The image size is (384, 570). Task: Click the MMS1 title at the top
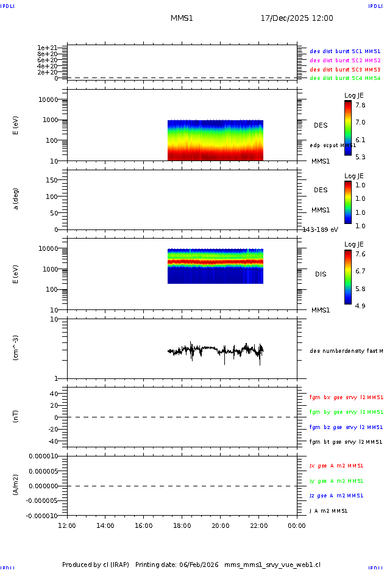(182, 18)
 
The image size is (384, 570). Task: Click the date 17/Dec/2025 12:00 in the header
(297, 18)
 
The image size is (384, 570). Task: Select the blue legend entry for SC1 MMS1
(345, 52)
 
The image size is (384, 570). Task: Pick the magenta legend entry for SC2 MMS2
(345, 60)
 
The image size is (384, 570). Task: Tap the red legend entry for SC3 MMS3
(345, 70)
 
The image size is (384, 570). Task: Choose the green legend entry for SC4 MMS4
(345, 78)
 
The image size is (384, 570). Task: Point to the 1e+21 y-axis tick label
(47, 48)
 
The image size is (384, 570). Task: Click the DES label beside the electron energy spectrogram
(321, 125)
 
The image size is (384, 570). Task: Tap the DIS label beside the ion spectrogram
(321, 274)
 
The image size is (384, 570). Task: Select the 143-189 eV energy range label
(321, 229)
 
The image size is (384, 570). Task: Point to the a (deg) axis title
(16, 198)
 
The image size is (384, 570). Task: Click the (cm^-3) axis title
(16, 348)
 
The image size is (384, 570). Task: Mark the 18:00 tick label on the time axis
(182, 525)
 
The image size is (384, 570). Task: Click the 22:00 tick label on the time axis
(259, 525)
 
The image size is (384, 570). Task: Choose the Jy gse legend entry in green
(336, 481)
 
